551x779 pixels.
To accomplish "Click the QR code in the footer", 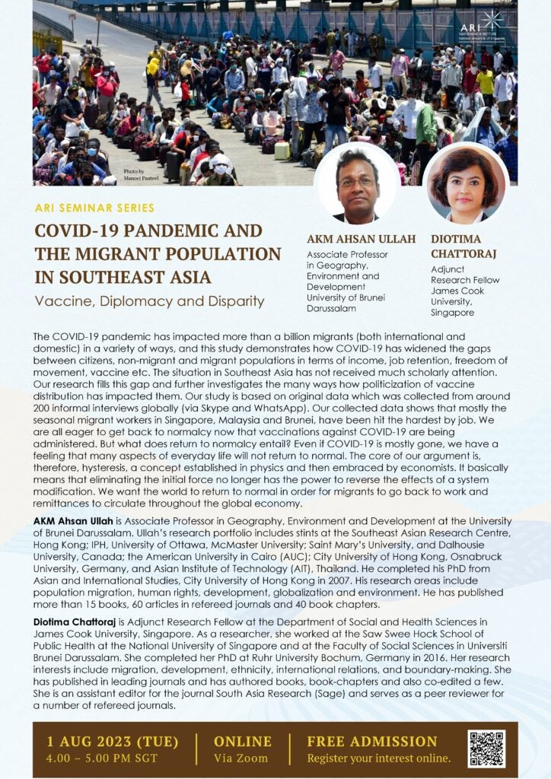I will coord(486,749).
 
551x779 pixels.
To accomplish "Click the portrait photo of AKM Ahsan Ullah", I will coord(356,184).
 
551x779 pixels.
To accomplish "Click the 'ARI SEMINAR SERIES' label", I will coord(94,208).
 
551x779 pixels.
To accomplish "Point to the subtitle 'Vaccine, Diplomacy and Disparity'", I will coord(149,300).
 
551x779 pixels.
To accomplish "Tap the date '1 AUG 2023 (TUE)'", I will coord(113,741).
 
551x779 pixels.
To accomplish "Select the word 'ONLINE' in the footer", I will coord(242,741).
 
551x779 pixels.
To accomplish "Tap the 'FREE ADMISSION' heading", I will coord(372,741).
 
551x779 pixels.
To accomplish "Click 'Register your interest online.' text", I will coord(378,758).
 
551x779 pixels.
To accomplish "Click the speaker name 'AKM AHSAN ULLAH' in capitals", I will coord(361,239).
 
